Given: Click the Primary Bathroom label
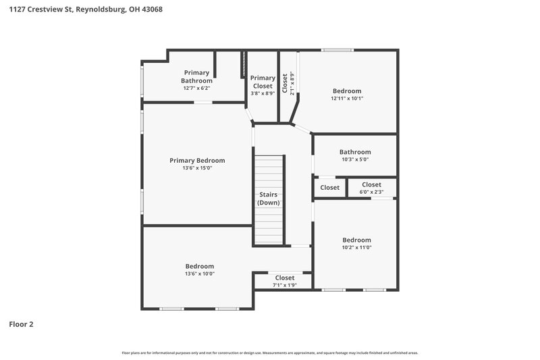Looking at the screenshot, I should tap(196, 76).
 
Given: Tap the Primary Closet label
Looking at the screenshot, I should tap(263, 82).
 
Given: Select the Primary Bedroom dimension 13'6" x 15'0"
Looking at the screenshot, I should tap(197, 168).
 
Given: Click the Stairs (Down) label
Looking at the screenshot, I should tap(269, 199).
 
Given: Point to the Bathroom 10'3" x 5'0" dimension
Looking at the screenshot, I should tap(355, 160).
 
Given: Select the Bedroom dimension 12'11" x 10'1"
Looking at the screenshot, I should tap(347, 99).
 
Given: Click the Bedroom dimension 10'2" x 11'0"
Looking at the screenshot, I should tap(356, 248).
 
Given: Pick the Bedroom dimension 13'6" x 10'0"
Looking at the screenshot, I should tap(200, 274).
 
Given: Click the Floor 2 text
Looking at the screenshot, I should tap(21, 324).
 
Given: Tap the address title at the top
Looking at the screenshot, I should tap(85, 10).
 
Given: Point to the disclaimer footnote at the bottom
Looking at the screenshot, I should tap(269, 353).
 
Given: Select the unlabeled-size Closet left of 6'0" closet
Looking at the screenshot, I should tap(330, 188).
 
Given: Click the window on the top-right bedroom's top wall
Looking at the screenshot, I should tap(337, 49).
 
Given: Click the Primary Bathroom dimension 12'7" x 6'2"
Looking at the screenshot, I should tap(196, 88).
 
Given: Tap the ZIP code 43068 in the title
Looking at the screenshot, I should tap(151, 10).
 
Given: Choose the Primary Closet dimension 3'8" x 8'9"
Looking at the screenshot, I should tap(263, 94).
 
